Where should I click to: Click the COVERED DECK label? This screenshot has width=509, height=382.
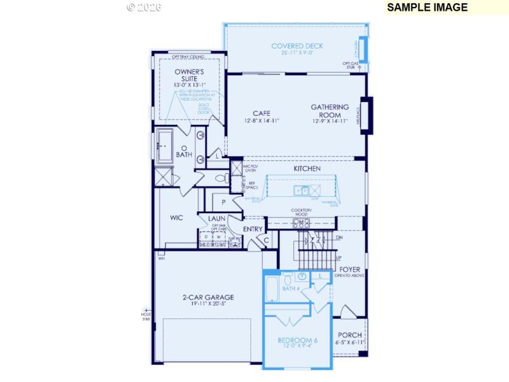pos(297,46)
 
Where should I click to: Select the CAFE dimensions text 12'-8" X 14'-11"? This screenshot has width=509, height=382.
pos(261,120)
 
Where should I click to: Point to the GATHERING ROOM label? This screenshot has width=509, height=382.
pos(330,111)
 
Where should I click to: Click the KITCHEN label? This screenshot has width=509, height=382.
pos(307,169)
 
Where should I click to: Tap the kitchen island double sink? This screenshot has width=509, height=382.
pos(301,190)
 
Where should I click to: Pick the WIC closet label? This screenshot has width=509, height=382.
pos(176,218)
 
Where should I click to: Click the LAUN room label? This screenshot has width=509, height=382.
pos(216,218)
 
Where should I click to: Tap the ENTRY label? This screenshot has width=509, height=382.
pos(253,229)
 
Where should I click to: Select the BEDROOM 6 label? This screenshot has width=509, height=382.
pos(298,340)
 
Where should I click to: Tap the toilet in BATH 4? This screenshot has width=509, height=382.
pos(286,278)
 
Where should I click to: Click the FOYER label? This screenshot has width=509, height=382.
pos(351,269)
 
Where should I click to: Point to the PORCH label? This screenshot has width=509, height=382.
pos(349,335)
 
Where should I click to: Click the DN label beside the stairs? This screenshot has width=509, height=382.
pos(339,237)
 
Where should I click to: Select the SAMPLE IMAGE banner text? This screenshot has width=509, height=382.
pos(427,8)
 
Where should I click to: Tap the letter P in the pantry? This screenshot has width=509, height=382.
pos(224,202)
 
